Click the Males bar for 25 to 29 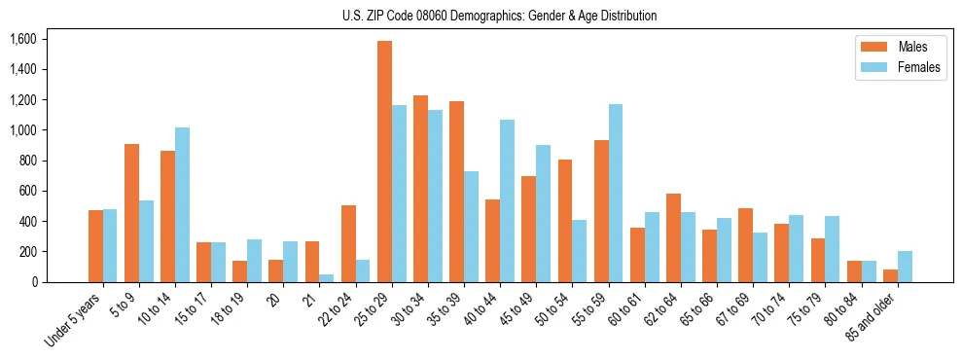[384, 162]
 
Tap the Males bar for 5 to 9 [131, 213]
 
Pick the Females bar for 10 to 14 [182, 204]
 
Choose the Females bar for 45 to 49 [543, 213]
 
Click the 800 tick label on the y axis [26, 161]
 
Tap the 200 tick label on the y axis [26, 252]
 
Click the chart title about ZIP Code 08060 [499, 16]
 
